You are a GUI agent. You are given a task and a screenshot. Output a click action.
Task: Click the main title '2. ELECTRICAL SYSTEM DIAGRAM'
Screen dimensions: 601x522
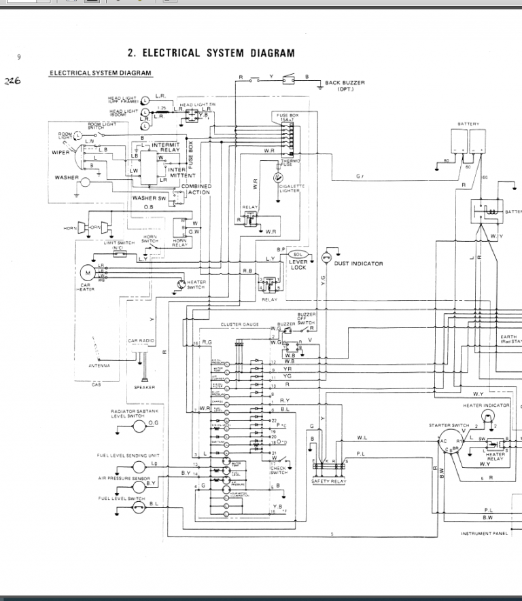pyautogui.click(x=211, y=53)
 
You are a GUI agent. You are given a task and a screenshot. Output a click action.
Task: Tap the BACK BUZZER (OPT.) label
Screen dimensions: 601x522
pyautogui.click(x=345, y=86)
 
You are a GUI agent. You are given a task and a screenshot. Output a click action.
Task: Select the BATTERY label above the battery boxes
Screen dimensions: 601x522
pyautogui.click(x=468, y=124)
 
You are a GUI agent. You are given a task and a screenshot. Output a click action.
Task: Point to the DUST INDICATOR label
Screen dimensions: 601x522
pyautogui.click(x=358, y=263)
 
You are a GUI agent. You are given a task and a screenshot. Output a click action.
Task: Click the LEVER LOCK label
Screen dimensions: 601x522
pyautogui.click(x=298, y=265)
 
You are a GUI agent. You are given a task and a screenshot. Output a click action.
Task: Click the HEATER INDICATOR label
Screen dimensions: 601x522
pyautogui.click(x=486, y=405)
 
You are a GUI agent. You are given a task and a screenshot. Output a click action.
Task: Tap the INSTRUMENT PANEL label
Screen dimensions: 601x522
pyautogui.click(x=485, y=534)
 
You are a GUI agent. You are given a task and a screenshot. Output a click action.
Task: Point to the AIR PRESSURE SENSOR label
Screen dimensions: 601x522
pyautogui.click(x=123, y=478)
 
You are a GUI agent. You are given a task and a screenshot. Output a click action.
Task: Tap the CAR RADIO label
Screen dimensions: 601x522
pyautogui.click(x=141, y=340)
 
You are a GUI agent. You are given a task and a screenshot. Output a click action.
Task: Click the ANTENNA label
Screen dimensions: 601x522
pyautogui.click(x=100, y=366)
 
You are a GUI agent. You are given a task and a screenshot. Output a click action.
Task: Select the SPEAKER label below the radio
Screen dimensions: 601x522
pyautogui.click(x=144, y=387)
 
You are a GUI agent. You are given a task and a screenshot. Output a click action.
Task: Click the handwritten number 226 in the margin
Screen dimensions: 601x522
pyautogui.click(x=13, y=80)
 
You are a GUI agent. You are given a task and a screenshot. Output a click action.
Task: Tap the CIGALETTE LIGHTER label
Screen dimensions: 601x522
pyautogui.click(x=292, y=188)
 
